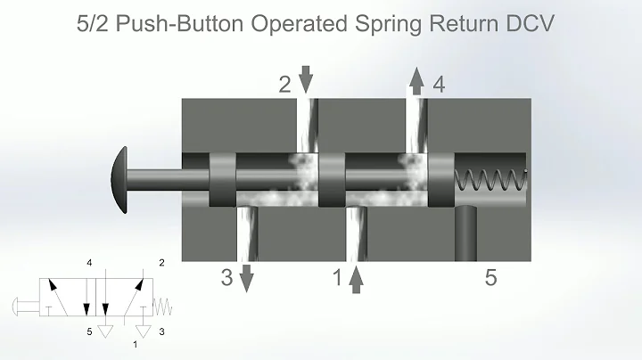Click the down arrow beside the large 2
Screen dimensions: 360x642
[x=306, y=80]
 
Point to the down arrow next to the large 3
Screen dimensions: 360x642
[x=247, y=280]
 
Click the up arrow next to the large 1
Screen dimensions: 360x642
[x=356, y=280]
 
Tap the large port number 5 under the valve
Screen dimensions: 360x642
[x=490, y=278]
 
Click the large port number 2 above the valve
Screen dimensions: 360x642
[x=284, y=85]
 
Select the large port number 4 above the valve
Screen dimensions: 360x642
[x=439, y=85]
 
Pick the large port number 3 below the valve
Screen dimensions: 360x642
[x=227, y=278]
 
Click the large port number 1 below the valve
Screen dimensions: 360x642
[x=337, y=278]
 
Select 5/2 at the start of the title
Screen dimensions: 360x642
[x=96, y=22]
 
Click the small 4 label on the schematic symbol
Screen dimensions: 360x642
[x=89, y=264]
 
